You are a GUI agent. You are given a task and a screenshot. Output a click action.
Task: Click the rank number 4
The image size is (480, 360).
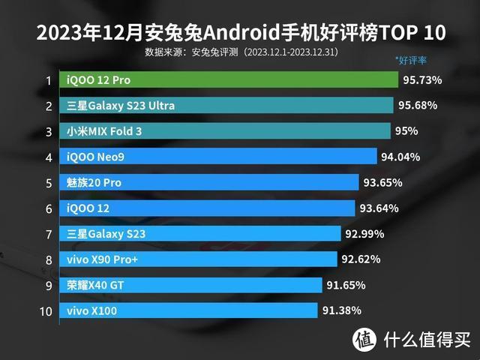tap(48, 157)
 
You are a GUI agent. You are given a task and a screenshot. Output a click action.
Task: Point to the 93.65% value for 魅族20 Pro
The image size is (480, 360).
tap(383, 182)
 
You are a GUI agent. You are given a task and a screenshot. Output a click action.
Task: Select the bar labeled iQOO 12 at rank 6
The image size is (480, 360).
tap(210, 208)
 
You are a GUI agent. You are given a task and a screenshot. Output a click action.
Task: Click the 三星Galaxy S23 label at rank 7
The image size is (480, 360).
tap(106, 234)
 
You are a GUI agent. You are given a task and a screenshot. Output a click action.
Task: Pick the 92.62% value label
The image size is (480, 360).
tap(361, 259)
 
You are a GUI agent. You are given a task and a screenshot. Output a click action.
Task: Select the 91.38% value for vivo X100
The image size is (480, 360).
tap(342, 310)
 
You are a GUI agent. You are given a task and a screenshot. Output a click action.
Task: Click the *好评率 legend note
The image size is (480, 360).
tap(410, 60)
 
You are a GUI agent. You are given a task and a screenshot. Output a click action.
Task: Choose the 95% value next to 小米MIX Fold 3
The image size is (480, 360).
tap(406, 130)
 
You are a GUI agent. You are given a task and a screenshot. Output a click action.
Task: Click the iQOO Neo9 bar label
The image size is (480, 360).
tap(93, 157)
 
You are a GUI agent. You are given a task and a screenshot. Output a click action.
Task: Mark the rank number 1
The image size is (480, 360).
tap(48, 80)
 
